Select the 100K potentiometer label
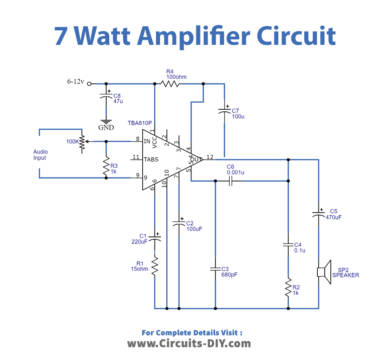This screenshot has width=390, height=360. [73, 142]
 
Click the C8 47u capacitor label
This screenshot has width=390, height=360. [118, 98]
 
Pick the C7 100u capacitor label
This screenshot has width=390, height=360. [237, 113]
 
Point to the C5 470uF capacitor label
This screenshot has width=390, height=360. [334, 214]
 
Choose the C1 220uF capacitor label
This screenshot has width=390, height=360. [139, 239]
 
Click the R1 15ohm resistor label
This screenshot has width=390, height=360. [140, 266]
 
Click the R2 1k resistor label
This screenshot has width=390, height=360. [296, 290]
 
